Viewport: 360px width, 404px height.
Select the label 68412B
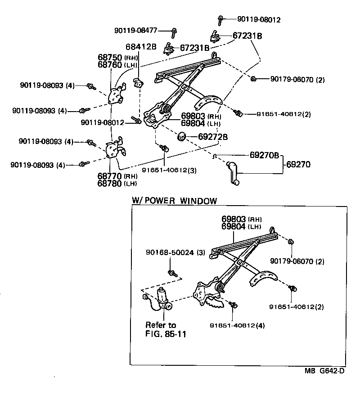pyautogui.click(x=141, y=47)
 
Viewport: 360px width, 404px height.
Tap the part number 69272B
pyautogui.click(x=212, y=136)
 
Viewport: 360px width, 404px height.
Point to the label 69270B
pyautogui.click(x=265, y=156)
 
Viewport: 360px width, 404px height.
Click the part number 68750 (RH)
pyautogui.click(x=118, y=58)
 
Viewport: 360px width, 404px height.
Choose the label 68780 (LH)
pyautogui.click(x=118, y=183)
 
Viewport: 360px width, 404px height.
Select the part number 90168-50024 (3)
pyautogui.click(x=175, y=253)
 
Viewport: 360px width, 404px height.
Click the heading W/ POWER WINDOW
pyautogui.click(x=174, y=201)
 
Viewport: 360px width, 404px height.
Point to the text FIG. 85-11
pyautogui.click(x=166, y=334)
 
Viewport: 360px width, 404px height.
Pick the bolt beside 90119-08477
pyautogui.click(x=174, y=32)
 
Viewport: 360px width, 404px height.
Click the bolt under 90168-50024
pyautogui.click(x=172, y=273)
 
